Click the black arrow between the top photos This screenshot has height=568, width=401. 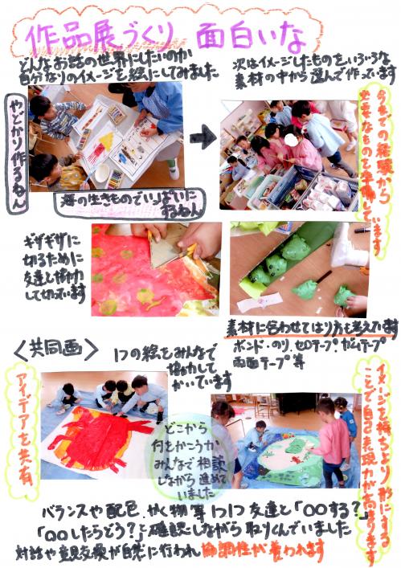click(204, 137)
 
